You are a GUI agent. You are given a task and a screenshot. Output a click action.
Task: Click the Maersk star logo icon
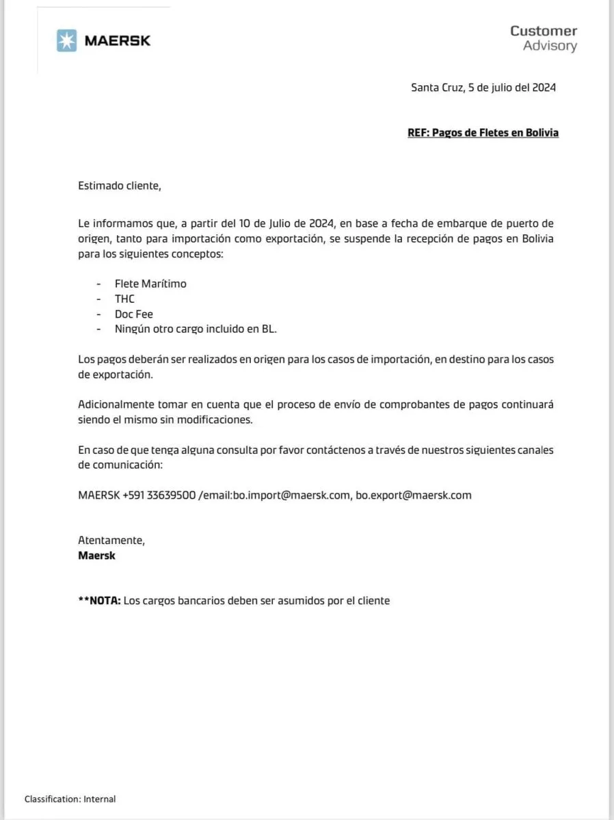tap(67, 40)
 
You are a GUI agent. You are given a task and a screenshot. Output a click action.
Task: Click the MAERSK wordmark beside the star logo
tap(117, 40)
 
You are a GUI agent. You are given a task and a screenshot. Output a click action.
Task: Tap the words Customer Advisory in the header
tap(544, 38)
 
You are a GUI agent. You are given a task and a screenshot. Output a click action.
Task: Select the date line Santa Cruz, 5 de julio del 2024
tap(483, 87)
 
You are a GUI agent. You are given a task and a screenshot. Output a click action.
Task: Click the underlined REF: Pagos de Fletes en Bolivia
tap(483, 133)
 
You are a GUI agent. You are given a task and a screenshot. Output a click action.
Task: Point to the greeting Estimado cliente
tap(120, 185)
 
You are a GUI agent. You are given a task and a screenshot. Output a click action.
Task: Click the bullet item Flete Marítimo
tap(150, 284)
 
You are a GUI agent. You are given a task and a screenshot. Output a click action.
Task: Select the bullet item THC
tap(125, 299)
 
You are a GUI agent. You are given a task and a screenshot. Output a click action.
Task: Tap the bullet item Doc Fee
tap(134, 314)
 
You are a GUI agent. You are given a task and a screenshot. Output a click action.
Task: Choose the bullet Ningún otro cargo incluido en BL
tap(196, 329)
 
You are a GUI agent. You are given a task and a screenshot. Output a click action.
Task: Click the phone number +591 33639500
tap(159, 495)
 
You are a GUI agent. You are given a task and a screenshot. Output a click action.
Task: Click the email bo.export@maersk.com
tap(414, 495)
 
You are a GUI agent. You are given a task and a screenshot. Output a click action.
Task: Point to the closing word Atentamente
tap(111, 540)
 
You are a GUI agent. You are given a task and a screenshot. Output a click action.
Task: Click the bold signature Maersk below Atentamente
tap(97, 556)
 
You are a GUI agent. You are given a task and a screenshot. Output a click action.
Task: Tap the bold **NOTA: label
tap(100, 601)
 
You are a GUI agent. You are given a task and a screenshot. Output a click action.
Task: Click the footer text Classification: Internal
tap(70, 799)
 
